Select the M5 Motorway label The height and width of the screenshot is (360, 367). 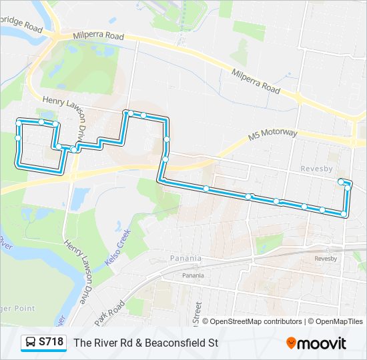point(272,135)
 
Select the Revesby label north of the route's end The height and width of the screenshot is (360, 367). point(316,169)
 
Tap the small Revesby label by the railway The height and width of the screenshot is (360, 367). point(326,258)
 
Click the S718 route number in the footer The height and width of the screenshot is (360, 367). point(51,343)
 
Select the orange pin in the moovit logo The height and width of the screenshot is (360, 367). point(291,343)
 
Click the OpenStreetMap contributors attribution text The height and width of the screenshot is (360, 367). point(256,321)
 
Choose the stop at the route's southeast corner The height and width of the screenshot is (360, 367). point(344,214)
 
